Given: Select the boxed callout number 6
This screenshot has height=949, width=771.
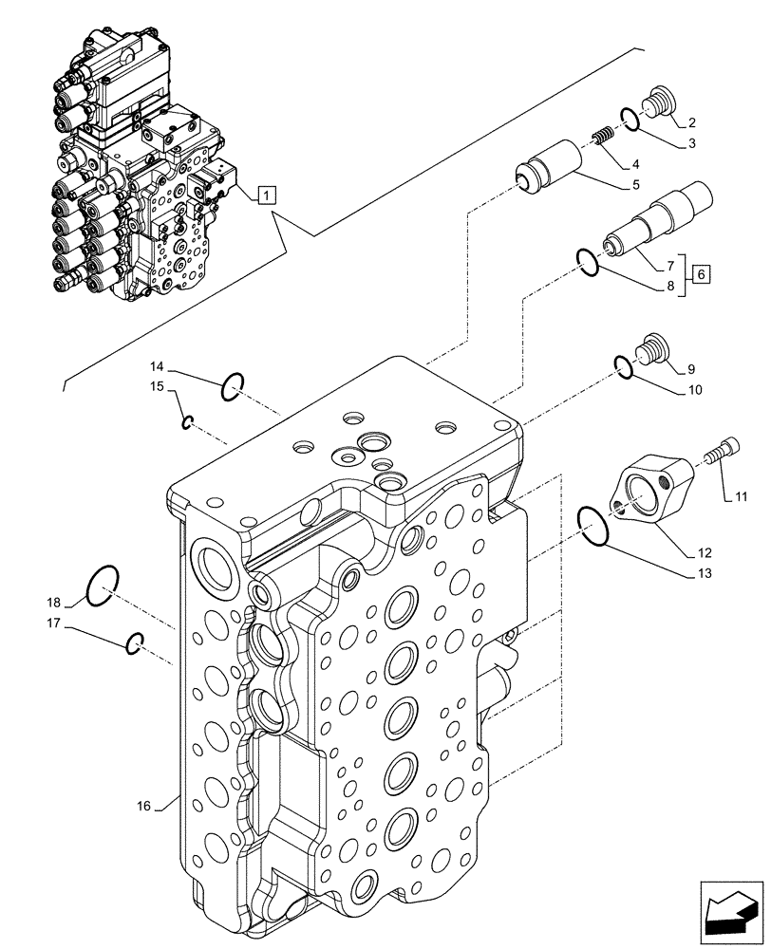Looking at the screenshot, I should pos(701,274).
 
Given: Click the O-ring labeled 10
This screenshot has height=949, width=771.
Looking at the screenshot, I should pos(622,366).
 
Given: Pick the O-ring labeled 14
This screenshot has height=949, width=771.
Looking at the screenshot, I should pos(233,386).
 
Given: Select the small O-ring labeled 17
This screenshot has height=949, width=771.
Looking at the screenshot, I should pos(135,642).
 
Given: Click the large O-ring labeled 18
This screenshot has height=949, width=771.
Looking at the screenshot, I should pos(102,586).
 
